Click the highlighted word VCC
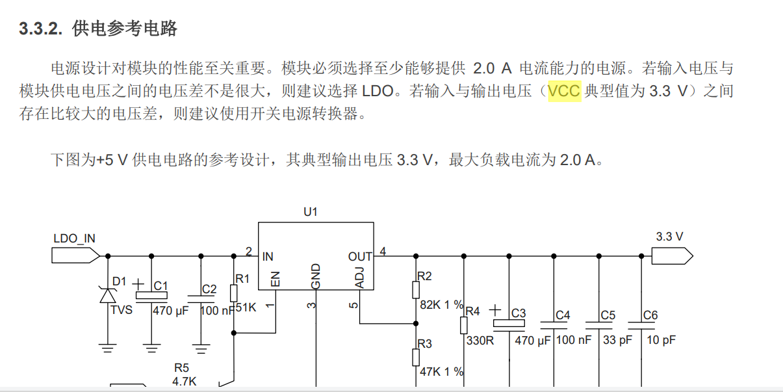tap(564, 91)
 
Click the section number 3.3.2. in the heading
tap(40, 29)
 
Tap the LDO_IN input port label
tap(74, 239)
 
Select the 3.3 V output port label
tap(669, 237)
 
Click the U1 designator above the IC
tap(311, 212)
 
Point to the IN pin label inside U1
tap(268, 257)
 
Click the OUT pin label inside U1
tap(360, 257)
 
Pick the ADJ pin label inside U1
tap(360, 278)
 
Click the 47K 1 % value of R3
tap(441, 372)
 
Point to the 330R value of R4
tap(480, 339)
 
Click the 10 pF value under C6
tap(660, 339)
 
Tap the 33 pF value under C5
tap(617, 339)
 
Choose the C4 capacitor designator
tap(563, 315)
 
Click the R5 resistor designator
tap(183, 369)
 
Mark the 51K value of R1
tap(246, 307)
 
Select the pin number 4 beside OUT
tap(383, 252)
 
